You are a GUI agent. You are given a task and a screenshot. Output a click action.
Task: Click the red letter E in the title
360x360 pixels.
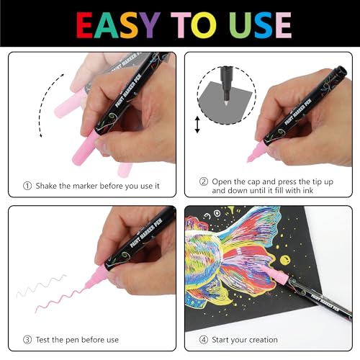coord(84,25)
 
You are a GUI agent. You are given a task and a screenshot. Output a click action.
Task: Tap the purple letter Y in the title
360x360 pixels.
coord(150,25)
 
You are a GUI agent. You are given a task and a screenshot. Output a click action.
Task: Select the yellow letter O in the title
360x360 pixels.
coord(204,25)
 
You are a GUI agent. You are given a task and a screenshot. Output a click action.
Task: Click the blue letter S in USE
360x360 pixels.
coord(264,25)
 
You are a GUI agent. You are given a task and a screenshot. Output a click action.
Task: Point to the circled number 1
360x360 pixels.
coord(27,186)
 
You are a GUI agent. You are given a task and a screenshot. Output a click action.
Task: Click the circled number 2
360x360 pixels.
coord(204,181)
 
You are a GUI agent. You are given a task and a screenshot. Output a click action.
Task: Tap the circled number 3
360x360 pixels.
coord(27,340)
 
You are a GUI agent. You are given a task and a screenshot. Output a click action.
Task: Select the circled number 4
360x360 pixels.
coord(204,340)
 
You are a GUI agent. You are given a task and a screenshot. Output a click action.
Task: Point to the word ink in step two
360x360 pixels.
coord(307,191)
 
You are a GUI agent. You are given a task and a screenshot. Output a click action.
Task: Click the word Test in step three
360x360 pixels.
coord(42,340)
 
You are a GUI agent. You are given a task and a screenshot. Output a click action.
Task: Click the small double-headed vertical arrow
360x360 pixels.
coord(197,125)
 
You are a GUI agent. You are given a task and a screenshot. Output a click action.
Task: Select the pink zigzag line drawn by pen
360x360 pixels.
coord(60,300)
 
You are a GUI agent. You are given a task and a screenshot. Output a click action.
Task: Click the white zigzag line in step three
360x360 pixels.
coord(41,286)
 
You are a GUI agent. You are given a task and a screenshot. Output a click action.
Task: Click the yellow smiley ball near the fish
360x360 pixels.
coord(285,261)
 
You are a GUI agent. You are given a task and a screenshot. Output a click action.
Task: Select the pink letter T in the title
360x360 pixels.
coord(181,25)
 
